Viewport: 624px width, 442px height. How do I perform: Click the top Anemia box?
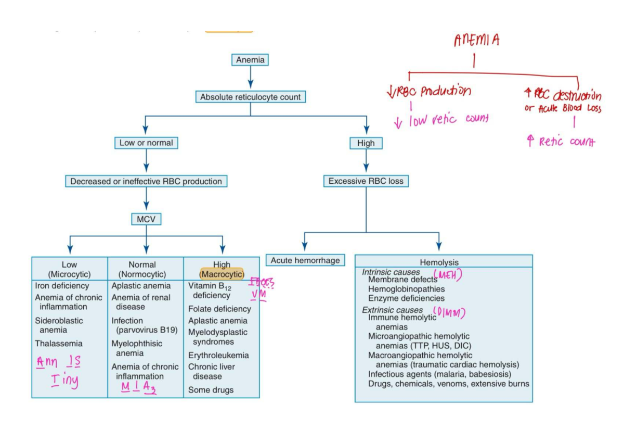(x=250, y=60)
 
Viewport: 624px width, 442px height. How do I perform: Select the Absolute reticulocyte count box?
(x=250, y=97)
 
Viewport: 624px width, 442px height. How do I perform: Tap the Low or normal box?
(x=146, y=143)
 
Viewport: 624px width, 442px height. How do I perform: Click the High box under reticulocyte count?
(x=366, y=143)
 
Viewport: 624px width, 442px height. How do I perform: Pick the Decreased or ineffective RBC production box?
(x=146, y=182)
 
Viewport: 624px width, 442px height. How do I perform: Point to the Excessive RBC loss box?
(x=366, y=181)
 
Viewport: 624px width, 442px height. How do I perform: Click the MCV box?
(x=146, y=219)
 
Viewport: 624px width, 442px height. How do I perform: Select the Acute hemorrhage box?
(x=305, y=260)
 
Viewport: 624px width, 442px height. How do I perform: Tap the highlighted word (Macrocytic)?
(x=222, y=274)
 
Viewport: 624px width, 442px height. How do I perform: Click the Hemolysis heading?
(x=439, y=262)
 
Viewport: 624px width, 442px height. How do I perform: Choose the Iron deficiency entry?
(x=62, y=286)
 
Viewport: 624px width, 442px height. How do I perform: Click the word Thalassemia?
(x=58, y=344)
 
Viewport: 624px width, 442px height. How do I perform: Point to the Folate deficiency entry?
(x=219, y=309)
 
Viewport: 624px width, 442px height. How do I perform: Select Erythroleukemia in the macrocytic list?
(x=218, y=355)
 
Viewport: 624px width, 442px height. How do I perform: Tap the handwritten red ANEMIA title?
(x=476, y=40)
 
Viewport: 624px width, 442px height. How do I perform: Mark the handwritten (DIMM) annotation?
(x=448, y=312)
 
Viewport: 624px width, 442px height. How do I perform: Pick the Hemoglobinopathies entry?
(x=406, y=289)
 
